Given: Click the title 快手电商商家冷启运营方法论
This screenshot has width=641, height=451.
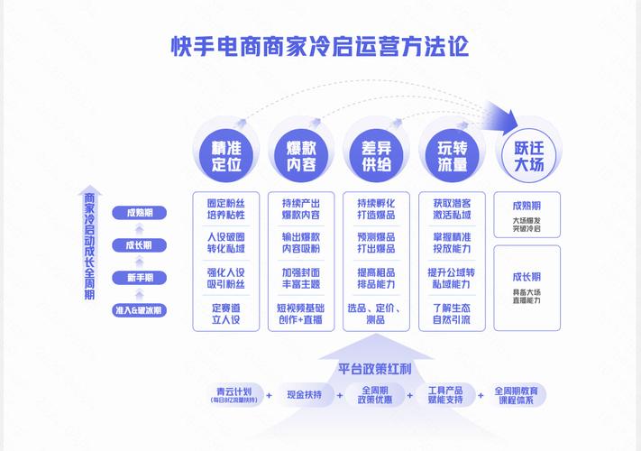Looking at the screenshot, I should click(x=320, y=46).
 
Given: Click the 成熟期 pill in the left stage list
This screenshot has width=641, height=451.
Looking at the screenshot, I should click(x=139, y=213).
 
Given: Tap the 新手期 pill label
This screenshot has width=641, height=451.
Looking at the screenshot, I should click(x=139, y=277).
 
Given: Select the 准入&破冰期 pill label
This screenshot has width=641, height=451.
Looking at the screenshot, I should click(x=139, y=309).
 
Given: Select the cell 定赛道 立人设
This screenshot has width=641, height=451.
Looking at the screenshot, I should click(x=226, y=313).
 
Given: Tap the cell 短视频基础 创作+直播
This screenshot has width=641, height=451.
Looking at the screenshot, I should click(x=301, y=313).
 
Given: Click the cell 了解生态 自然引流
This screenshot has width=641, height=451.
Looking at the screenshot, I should click(x=452, y=313).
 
